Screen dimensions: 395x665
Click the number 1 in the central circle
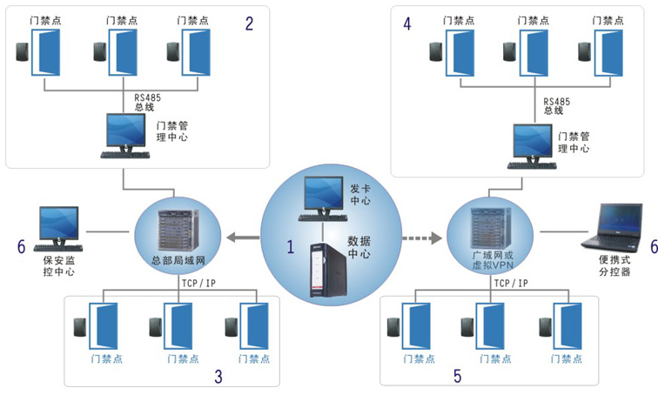[291, 246]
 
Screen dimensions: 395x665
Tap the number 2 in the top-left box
[250, 24]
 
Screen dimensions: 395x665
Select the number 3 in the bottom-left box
[218, 376]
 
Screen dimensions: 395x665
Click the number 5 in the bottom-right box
[457, 377]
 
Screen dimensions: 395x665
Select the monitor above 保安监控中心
[58, 224]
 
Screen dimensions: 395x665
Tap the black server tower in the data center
[326, 275]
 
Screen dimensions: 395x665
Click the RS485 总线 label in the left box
[147, 103]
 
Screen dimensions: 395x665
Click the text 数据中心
[359, 246]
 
